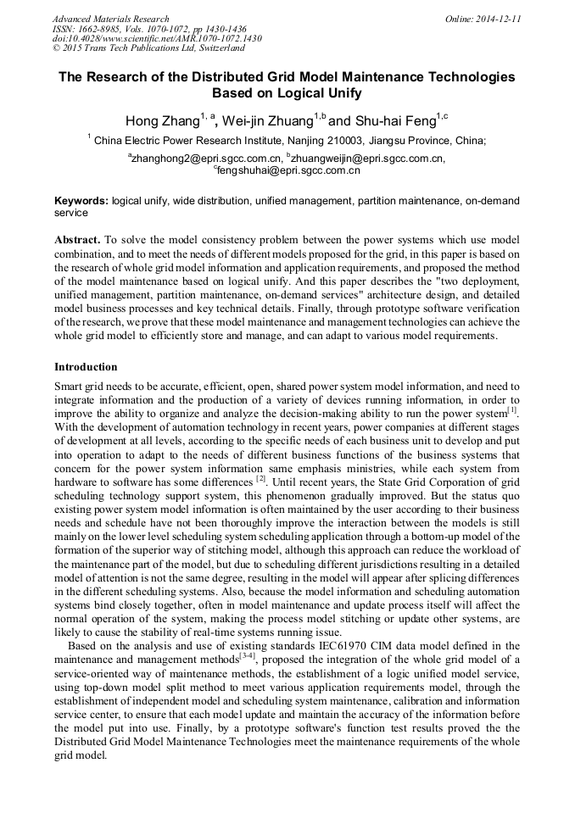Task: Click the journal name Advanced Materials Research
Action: pos(110,19)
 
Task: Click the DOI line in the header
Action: pos(157,39)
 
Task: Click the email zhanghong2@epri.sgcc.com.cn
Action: pos(206,158)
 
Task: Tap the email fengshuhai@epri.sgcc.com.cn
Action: pos(288,170)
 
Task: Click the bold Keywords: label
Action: pos(81,201)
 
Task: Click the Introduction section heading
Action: pos(86,367)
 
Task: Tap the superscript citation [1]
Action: pos(511,409)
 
